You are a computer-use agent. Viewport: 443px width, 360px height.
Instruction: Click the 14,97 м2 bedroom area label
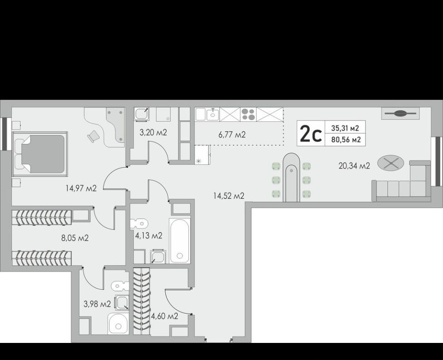(81, 188)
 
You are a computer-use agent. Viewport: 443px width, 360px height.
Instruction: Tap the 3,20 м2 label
(153, 132)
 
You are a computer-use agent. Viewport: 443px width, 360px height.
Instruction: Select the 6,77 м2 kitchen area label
(232, 135)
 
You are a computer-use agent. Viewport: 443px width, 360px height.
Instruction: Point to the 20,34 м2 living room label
(354, 166)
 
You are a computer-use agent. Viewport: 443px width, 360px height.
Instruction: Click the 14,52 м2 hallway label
(229, 196)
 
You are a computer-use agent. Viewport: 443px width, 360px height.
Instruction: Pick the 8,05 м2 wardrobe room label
(75, 238)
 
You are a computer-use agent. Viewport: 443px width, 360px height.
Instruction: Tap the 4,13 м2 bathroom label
(149, 235)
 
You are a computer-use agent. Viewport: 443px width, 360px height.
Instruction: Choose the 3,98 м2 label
(97, 304)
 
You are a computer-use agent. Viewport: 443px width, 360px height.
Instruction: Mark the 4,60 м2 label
(165, 316)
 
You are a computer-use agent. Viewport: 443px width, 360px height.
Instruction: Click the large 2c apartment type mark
(311, 134)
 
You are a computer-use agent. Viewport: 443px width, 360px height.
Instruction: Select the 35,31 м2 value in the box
(345, 128)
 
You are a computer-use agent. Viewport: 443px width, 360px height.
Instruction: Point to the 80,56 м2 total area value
(346, 139)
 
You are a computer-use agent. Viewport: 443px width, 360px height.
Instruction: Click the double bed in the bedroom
(40, 154)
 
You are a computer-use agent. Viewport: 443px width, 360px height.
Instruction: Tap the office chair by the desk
(94, 137)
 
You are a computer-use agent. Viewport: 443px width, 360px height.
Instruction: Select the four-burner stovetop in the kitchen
(248, 114)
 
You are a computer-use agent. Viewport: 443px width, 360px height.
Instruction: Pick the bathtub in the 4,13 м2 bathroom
(180, 240)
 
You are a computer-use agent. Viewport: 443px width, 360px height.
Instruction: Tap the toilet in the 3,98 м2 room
(120, 286)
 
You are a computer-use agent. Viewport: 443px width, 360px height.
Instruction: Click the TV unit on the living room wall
(401, 114)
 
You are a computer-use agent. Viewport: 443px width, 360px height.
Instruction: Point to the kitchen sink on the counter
(212, 114)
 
